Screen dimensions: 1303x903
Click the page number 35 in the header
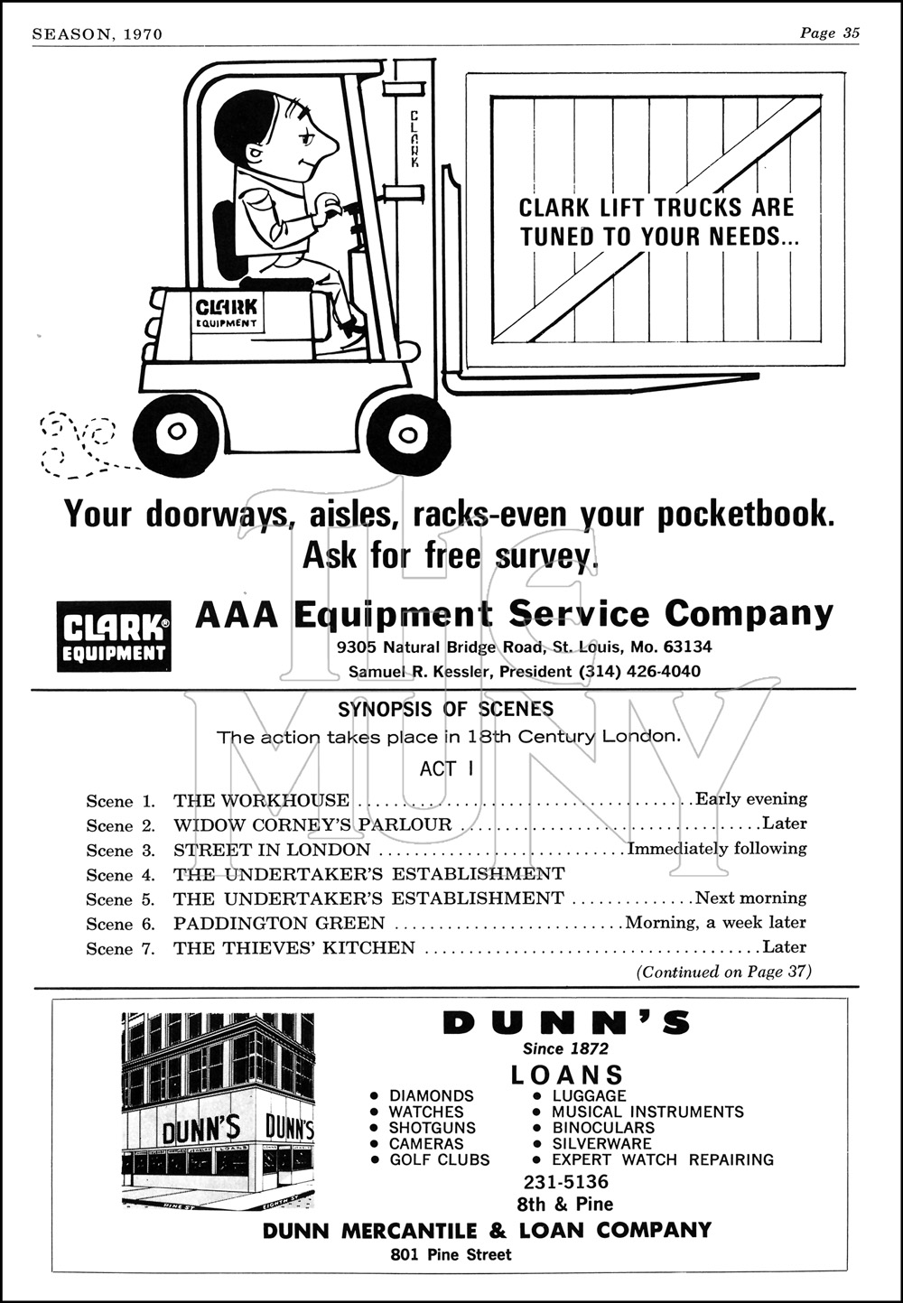(850, 33)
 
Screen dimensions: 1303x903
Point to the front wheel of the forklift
(408, 434)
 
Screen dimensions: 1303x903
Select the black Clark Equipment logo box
(114, 637)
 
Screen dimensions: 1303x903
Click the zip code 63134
(687, 647)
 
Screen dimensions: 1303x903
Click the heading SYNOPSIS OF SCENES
(446, 709)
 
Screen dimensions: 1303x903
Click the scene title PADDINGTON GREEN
(279, 923)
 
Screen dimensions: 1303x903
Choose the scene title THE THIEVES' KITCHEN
(294, 947)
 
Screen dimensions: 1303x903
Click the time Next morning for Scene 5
(750, 898)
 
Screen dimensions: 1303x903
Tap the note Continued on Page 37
(724, 972)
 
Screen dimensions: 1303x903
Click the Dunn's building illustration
(218, 1110)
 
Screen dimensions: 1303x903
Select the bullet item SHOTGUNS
(432, 1128)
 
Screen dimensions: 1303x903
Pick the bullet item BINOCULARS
(603, 1128)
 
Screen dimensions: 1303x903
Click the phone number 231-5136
(566, 1182)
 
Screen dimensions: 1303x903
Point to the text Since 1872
(566, 1048)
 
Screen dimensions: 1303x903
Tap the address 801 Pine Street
(451, 1254)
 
